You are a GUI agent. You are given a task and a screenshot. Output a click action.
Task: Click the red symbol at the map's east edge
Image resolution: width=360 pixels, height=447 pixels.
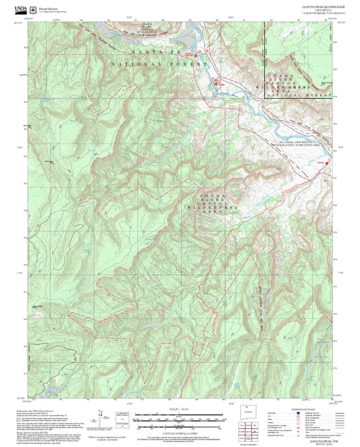click(328, 162)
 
